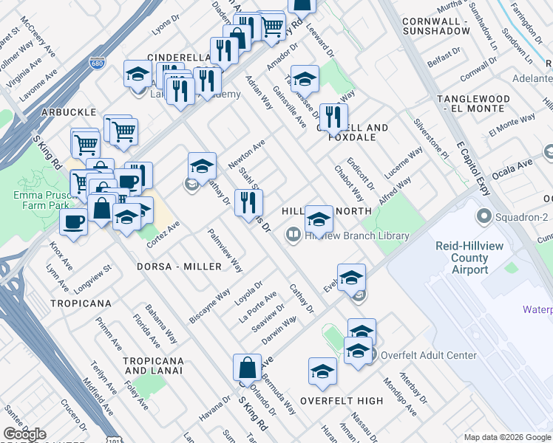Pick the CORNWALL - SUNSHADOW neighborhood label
[x=436, y=27]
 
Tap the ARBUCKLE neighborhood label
[x=69, y=111]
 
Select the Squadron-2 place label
[x=523, y=217]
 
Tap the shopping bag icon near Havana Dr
[x=247, y=368]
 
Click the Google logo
[x=25, y=434]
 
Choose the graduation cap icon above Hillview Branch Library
[x=319, y=218]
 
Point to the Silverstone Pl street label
[x=431, y=140]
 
